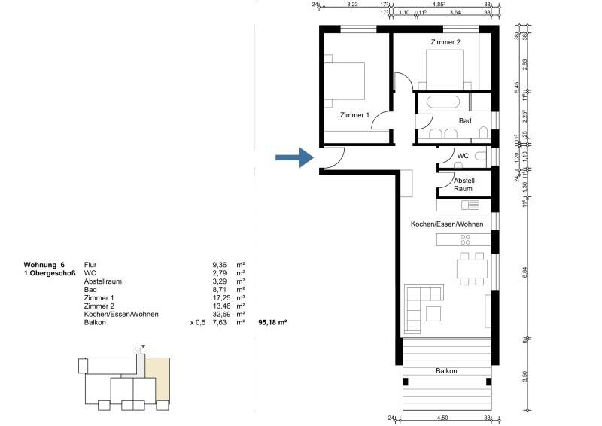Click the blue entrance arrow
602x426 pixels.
293,157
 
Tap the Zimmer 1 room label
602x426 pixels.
354,115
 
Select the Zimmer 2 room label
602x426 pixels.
445,42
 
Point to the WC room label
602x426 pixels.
463,156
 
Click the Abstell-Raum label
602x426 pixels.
464,185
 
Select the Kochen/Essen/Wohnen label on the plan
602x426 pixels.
446,224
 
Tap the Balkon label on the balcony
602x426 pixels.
446,371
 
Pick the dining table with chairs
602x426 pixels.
470,269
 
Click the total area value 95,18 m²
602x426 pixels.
273,323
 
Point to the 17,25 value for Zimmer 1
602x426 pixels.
221,298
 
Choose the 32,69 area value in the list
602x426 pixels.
221,315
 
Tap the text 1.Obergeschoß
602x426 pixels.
50,273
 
